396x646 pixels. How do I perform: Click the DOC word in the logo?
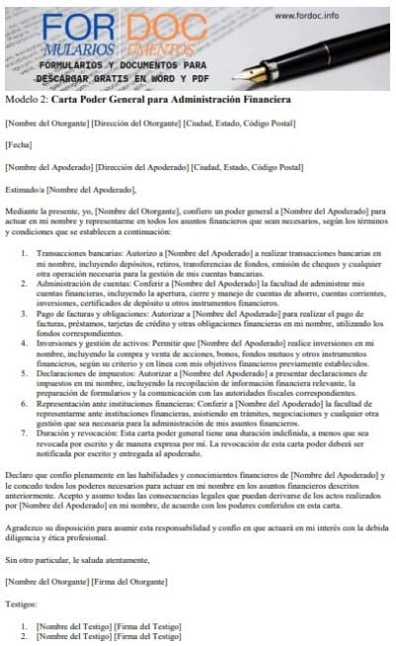179,26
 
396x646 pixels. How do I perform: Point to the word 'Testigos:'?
20,601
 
